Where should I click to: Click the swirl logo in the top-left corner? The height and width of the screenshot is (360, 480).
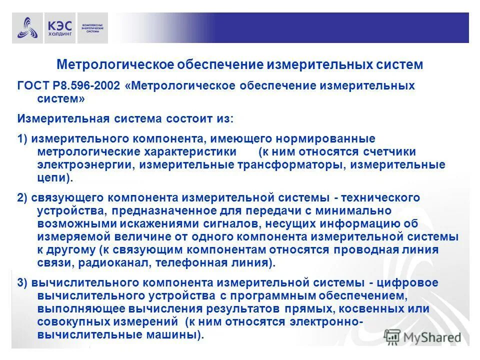27,28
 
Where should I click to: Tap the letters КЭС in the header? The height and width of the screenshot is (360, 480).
59,24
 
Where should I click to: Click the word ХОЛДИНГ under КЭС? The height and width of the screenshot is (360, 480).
60,33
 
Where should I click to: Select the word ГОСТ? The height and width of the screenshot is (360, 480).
31,85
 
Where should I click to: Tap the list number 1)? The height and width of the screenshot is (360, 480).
23,138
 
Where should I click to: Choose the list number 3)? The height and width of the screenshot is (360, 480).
23,282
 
